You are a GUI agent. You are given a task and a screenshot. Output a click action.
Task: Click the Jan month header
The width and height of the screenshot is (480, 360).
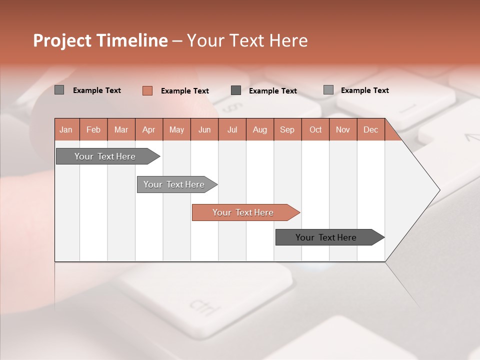(66, 129)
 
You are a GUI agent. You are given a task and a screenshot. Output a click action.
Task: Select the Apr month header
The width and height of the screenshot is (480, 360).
(148, 129)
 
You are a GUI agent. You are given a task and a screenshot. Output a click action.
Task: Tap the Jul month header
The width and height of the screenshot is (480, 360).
(232, 129)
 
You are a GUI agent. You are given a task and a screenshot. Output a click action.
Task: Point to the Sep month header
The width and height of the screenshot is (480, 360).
(287, 129)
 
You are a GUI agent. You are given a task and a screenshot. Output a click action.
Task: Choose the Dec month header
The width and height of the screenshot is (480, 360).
(370, 129)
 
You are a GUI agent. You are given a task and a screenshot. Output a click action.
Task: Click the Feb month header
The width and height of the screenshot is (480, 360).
(93, 129)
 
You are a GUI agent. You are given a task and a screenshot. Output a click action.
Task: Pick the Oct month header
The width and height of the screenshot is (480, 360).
(315, 129)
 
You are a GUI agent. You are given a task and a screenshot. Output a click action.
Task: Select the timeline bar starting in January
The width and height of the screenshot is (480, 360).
(105, 156)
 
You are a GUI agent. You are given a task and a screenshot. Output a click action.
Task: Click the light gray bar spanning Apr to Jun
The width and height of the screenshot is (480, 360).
(174, 184)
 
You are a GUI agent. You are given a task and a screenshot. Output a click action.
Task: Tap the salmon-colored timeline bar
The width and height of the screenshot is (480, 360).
(243, 212)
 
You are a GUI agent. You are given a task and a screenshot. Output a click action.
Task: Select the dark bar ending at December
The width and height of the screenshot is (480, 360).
(326, 237)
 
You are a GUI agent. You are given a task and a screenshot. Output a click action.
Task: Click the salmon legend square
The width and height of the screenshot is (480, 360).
(147, 90)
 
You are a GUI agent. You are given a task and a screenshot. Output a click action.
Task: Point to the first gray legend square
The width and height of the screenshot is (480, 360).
(59, 90)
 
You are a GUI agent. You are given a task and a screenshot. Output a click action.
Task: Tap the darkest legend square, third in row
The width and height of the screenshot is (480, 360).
(236, 90)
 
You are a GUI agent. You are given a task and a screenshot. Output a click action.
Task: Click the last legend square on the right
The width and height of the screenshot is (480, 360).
(328, 90)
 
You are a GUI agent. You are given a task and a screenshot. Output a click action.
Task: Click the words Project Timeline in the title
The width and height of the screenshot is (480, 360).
(100, 40)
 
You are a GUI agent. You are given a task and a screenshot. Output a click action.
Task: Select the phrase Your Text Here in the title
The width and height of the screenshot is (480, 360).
(247, 40)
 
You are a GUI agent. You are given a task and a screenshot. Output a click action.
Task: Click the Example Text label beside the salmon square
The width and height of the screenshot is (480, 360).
(185, 91)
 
